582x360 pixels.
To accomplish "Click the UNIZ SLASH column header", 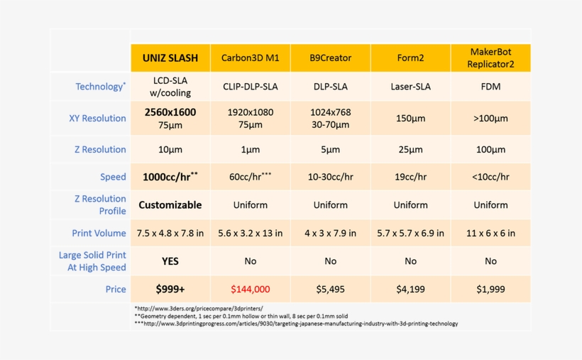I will [x=170, y=58].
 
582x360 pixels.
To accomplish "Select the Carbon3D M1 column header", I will [x=251, y=58].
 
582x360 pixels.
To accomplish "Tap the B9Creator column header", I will [x=330, y=58].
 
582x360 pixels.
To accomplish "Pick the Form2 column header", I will [x=410, y=58].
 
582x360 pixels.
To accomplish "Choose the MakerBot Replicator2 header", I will [x=490, y=58].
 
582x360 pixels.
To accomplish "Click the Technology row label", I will [x=100, y=87].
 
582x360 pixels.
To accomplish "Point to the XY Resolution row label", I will [x=97, y=119].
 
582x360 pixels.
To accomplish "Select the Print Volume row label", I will [x=99, y=233].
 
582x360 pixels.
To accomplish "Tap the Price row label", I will [x=115, y=289].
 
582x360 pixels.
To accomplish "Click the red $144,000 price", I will [x=251, y=289].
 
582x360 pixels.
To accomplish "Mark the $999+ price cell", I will [x=170, y=289].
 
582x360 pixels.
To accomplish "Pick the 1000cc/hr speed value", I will [x=170, y=177].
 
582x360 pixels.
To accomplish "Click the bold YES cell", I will [x=170, y=261].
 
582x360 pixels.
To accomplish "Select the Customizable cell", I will [x=170, y=205].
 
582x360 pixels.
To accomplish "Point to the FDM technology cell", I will [x=490, y=87].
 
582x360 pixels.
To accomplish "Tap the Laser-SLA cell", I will [x=410, y=87].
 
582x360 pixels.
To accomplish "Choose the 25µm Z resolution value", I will [x=410, y=150].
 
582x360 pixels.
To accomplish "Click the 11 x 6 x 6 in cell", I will [x=490, y=233].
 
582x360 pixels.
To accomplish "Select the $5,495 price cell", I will [x=330, y=289].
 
